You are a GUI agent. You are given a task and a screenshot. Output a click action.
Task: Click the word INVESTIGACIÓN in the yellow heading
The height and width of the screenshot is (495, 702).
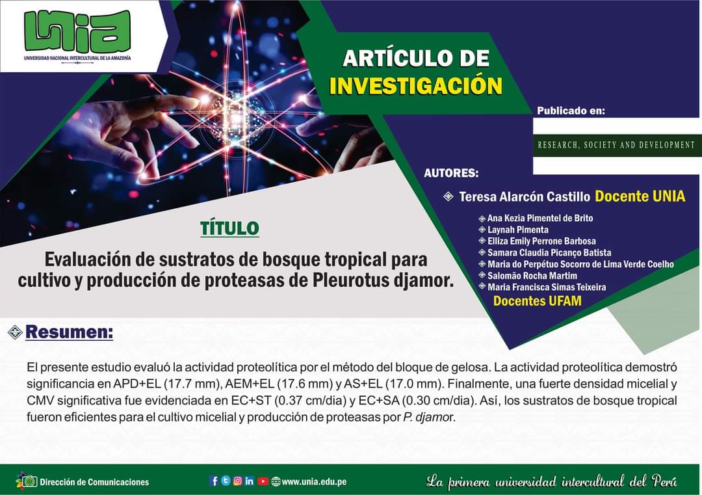tap(416, 85)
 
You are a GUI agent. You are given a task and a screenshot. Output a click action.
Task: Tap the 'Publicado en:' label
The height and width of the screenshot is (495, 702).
tap(571, 111)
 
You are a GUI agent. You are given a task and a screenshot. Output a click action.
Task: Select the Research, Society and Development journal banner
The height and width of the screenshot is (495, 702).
tap(616, 144)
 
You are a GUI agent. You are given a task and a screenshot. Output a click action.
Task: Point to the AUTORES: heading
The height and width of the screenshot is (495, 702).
tap(451, 173)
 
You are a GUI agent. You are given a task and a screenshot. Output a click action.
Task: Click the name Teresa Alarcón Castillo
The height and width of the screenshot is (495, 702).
tap(525, 196)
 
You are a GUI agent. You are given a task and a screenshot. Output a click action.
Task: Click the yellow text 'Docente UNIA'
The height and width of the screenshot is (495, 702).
tap(640, 196)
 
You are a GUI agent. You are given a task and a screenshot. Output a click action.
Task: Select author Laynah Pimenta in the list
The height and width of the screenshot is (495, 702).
tap(518, 230)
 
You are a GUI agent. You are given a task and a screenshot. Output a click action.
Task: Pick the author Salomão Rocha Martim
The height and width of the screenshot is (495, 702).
tap(532, 276)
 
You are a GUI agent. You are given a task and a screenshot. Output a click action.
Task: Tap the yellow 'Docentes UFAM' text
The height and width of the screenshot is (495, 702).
tap(538, 301)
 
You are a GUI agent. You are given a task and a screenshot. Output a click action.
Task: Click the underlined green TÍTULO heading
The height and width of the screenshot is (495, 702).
tap(229, 228)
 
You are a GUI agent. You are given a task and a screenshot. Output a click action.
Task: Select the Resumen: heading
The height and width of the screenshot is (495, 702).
tap(69, 332)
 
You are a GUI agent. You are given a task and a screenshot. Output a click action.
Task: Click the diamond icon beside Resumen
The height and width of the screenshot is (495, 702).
tap(15, 332)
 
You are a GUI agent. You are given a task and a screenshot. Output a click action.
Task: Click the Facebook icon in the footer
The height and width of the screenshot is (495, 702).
tap(214, 481)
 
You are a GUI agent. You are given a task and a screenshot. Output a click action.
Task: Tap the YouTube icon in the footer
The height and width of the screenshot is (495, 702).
tap(263, 481)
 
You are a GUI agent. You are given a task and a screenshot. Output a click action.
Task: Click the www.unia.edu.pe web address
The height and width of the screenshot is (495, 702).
tap(314, 481)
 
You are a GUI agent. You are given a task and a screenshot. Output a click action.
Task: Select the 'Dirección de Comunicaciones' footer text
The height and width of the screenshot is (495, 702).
tap(94, 482)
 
